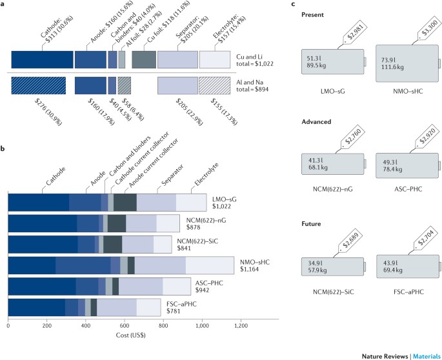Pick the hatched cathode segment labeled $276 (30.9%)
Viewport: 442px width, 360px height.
pyautogui.click(x=38, y=86)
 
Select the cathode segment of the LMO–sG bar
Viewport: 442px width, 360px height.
pyautogui.click(x=38, y=202)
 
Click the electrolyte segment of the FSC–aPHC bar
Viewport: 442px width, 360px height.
pyautogui.click(x=148, y=307)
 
